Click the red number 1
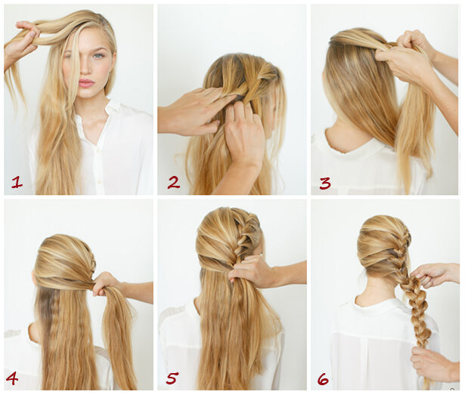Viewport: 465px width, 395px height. [17, 182]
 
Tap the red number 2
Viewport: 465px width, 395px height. [174, 182]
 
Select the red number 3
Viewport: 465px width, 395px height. [325, 183]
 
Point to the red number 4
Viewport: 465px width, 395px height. [12, 378]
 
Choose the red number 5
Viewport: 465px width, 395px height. [172, 378]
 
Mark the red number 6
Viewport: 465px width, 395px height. [323, 378]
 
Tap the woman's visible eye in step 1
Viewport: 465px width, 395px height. [99, 55]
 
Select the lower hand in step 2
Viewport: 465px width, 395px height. [243, 134]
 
